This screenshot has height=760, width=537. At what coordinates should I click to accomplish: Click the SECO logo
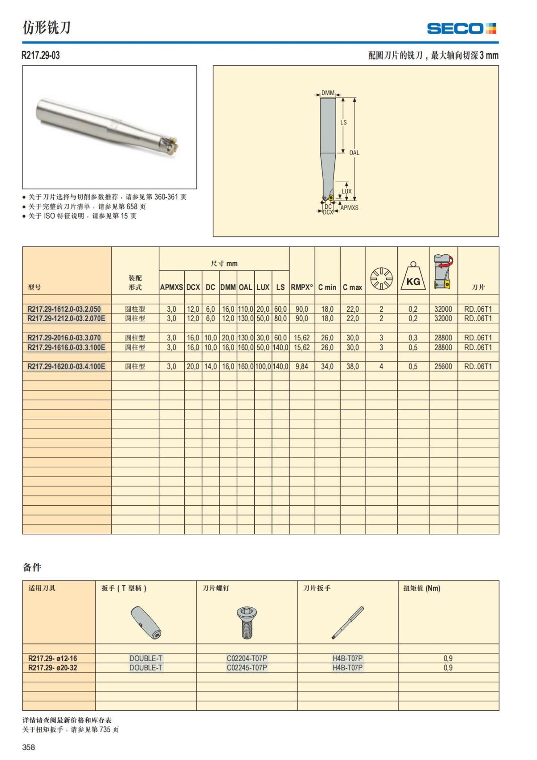point(461,29)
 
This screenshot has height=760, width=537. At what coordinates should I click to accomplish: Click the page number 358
point(29,747)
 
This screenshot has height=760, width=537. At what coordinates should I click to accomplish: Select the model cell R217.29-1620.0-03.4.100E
point(66,366)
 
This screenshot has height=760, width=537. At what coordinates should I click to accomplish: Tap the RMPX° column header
point(302,288)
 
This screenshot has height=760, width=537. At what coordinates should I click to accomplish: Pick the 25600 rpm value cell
point(443,366)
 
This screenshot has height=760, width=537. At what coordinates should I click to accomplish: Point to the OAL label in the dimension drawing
point(354,153)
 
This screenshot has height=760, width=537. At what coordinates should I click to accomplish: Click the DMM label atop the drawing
point(328,93)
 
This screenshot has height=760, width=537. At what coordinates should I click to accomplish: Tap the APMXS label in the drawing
point(349,208)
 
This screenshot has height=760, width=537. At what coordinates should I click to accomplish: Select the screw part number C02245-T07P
point(247,668)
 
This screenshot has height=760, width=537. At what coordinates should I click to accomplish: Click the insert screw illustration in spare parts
point(246,623)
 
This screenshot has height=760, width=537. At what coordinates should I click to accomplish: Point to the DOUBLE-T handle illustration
point(146,623)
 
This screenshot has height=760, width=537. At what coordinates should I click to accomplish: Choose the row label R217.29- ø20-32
point(52,668)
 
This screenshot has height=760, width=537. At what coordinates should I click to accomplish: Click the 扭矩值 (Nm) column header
point(422,588)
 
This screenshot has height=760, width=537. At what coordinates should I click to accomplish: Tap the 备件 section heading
point(32,567)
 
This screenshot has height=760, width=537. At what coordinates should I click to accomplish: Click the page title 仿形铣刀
point(47,28)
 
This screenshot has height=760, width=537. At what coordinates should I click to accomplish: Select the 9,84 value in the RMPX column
point(302,366)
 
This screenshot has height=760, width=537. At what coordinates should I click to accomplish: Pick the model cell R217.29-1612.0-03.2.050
point(64,309)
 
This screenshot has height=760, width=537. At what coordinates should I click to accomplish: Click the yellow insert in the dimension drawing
point(331,198)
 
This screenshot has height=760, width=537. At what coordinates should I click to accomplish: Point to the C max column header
point(352,288)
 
